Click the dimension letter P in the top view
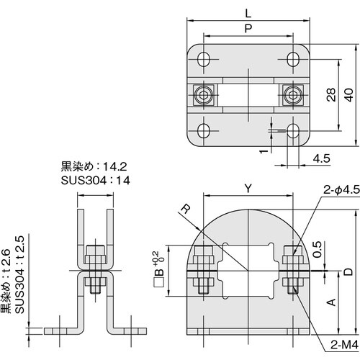248,29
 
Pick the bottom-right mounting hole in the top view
292,131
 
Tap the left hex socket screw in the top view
204,95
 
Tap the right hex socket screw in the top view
292,95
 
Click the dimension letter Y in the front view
248,189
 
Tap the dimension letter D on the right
348,270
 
